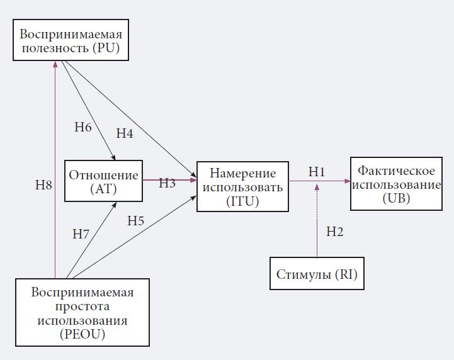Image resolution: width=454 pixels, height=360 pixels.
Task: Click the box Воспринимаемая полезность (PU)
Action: (x=71, y=40)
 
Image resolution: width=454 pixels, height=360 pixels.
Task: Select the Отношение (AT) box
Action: (x=103, y=181)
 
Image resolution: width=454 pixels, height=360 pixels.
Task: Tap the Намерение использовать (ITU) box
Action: (x=242, y=187)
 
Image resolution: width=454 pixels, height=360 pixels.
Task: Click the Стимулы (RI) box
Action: (x=317, y=274)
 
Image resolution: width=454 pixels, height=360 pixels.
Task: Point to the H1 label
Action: (x=316, y=171)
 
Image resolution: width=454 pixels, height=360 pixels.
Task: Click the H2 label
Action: (x=334, y=232)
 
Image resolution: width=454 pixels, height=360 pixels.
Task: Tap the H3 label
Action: (x=167, y=183)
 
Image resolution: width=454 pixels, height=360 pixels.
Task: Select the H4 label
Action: (x=125, y=133)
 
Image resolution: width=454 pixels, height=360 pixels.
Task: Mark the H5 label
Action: (x=136, y=220)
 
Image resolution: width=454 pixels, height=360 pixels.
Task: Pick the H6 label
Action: (x=83, y=127)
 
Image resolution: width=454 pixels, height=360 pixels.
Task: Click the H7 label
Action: (x=81, y=234)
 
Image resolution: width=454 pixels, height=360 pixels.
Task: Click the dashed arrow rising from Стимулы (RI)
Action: (x=317, y=220)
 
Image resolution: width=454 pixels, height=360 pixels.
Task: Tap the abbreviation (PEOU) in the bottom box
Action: (x=82, y=335)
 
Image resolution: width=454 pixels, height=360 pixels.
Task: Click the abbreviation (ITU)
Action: (x=242, y=201)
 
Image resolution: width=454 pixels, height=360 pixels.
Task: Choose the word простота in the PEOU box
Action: (x=82, y=307)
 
